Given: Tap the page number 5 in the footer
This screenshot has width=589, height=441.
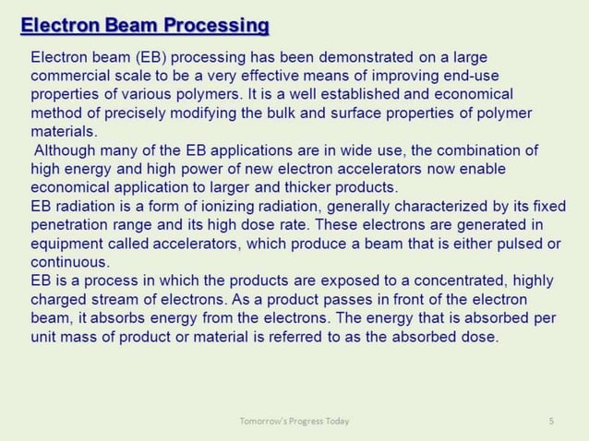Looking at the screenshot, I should [551, 422].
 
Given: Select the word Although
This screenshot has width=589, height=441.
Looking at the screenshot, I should [65, 150].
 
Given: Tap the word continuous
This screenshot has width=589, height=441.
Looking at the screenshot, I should [70, 262].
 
